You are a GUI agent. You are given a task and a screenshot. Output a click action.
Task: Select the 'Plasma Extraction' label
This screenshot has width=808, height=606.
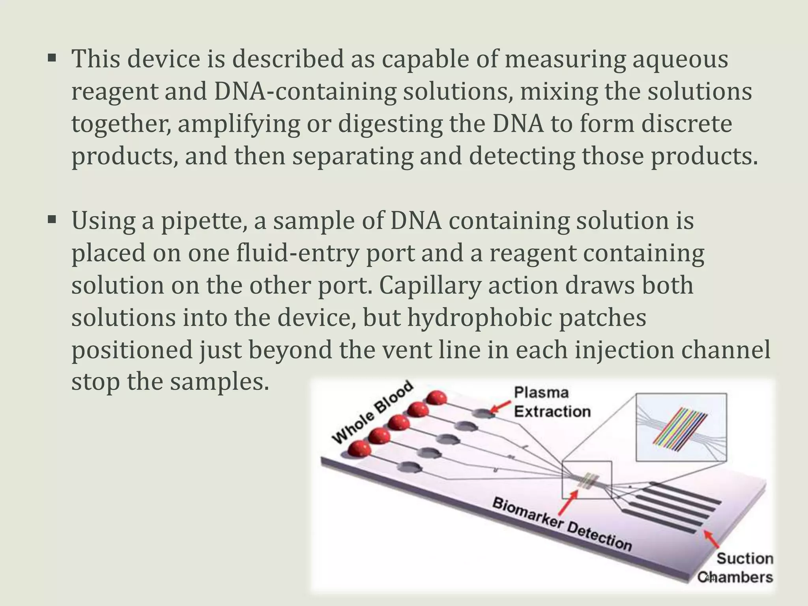tap(552, 402)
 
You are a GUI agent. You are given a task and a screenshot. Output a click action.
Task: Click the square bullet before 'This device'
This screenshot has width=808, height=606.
tap(52, 59)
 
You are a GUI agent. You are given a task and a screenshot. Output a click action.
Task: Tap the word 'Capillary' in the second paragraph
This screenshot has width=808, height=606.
tap(430, 286)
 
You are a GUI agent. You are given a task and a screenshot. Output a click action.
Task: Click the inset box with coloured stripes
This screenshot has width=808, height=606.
tap(681, 427)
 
